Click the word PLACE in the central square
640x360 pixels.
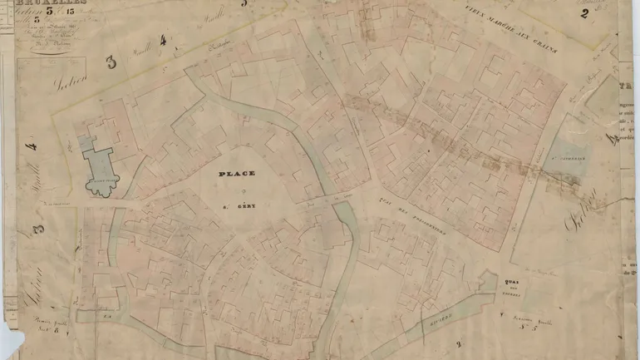(x=237, y=174)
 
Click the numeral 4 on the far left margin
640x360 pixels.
(x=32, y=147)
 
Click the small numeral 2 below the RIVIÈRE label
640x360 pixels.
(x=457, y=343)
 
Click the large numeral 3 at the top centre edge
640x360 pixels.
(x=244, y=4)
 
